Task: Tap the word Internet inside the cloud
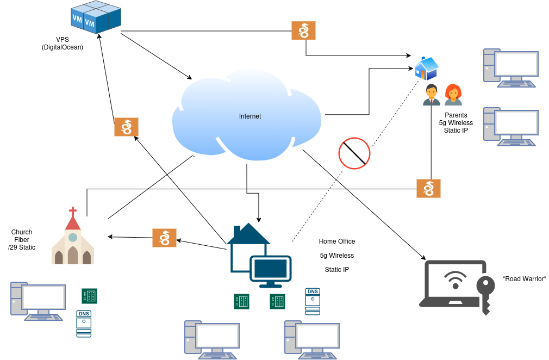[x=250, y=116]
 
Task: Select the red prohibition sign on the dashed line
[x=354, y=153]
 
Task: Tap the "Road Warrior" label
[x=525, y=279]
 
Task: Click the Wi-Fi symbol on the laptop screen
[x=455, y=280]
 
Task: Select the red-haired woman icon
[x=453, y=95]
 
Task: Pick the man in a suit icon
[x=432, y=95]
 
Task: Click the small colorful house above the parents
[x=426, y=69]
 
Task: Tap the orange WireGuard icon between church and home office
[x=164, y=238]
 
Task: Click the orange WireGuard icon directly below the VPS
[x=126, y=127]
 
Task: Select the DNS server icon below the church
[x=84, y=324]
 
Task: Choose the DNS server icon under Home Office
[x=313, y=301]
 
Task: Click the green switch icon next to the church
[x=89, y=296]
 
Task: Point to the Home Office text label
[x=337, y=241]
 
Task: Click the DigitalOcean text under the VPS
[x=63, y=47]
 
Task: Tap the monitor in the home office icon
[x=271, y=269]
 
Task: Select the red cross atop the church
[x=72, y=210]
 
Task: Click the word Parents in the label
[x=456, y=115]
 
